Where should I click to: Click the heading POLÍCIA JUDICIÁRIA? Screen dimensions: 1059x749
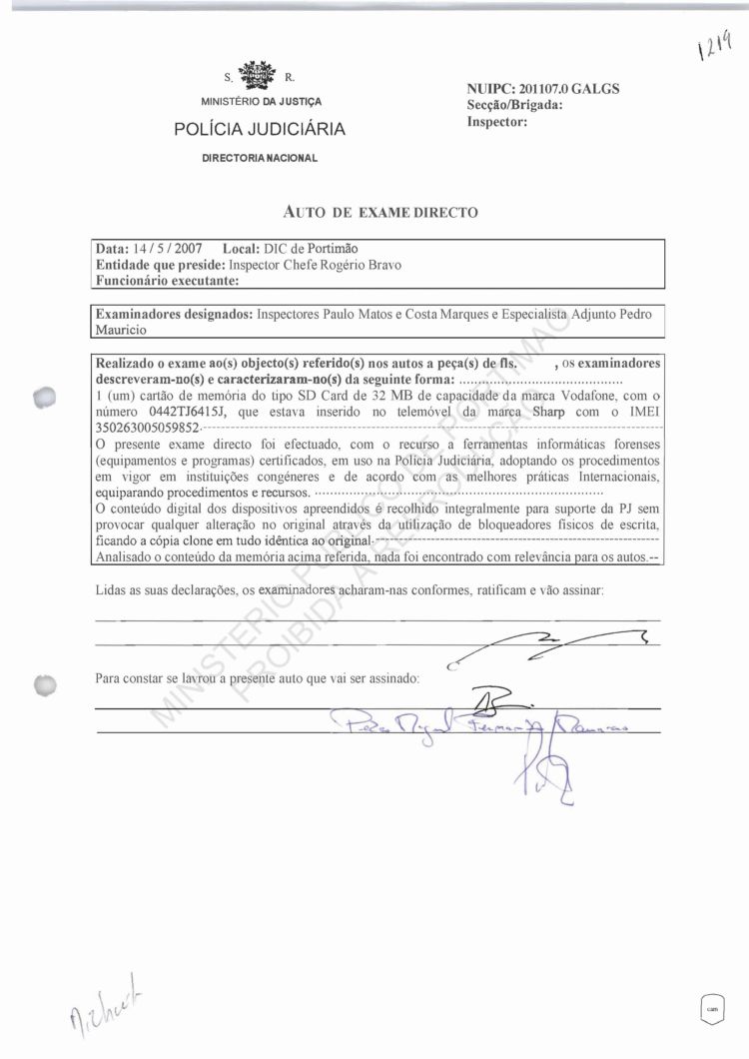point(260,129)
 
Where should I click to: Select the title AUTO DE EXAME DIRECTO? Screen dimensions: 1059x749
point(381,212)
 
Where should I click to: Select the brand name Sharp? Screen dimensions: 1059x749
point(555,411)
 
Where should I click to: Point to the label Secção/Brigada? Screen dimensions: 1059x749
point(515,105)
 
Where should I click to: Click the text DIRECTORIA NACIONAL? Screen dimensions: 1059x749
point(260,159)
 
